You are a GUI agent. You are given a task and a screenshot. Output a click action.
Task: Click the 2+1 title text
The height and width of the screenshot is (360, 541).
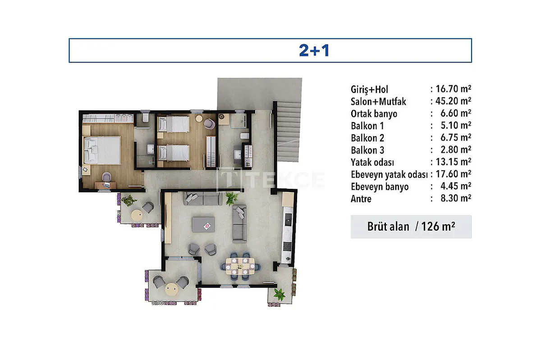click(x=314, y=50)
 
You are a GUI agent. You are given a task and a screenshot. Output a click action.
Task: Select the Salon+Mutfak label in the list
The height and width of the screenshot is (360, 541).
click(x=378, y=102)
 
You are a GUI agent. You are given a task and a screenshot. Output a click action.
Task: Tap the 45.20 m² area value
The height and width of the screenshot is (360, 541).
click(x=453, y=101)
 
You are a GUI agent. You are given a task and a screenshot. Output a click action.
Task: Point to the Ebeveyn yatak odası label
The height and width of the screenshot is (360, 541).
click(x=389, y=174)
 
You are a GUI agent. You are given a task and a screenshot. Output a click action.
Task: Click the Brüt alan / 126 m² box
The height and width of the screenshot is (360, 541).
click(x=411, y=227)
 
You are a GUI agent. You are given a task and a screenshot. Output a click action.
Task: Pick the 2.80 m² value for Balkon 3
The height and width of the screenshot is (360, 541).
click(x=456, y=150)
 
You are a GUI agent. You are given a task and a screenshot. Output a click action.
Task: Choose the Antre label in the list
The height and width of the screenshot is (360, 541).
click(x=361, y=199)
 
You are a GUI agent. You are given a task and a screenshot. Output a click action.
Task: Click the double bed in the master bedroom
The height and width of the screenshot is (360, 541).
click(x=102, y=150)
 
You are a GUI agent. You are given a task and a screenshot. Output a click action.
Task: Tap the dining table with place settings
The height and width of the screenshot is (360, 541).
click(x=240, y=266)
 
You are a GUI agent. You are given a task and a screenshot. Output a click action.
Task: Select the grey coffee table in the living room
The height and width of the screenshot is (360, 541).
click(x=203, y=224)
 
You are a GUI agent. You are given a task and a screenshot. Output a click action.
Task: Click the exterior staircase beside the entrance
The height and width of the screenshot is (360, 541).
click(x=289, y=132)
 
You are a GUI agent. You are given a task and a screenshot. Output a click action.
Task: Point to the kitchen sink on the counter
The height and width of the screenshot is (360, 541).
click(x=288, y=219)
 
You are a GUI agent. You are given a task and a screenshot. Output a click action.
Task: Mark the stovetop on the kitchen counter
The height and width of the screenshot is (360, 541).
click(x=287, y=247)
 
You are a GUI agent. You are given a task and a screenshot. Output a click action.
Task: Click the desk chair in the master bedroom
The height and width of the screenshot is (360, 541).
click(x=106, y=177)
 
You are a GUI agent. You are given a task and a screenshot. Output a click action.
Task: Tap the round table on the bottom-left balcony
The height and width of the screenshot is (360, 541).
click(x=171, y=289)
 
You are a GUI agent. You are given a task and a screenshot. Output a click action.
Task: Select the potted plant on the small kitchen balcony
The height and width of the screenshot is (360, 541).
click(x=280, y=294)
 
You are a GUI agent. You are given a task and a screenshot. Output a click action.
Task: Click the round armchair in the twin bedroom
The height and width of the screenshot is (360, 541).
click(x=209, y=124)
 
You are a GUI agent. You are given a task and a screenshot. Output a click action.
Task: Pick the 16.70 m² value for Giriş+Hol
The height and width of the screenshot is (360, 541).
click(x=453, y=89)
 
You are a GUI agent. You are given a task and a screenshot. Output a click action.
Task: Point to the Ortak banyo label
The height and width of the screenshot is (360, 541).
click(x=374, y=114)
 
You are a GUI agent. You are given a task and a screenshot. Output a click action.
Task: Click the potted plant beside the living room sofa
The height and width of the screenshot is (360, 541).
click(x=232, y=198)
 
